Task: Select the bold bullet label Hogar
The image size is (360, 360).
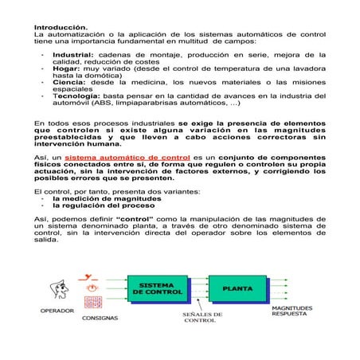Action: click(65, 68)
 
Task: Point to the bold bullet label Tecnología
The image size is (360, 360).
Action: click(77, 96)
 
